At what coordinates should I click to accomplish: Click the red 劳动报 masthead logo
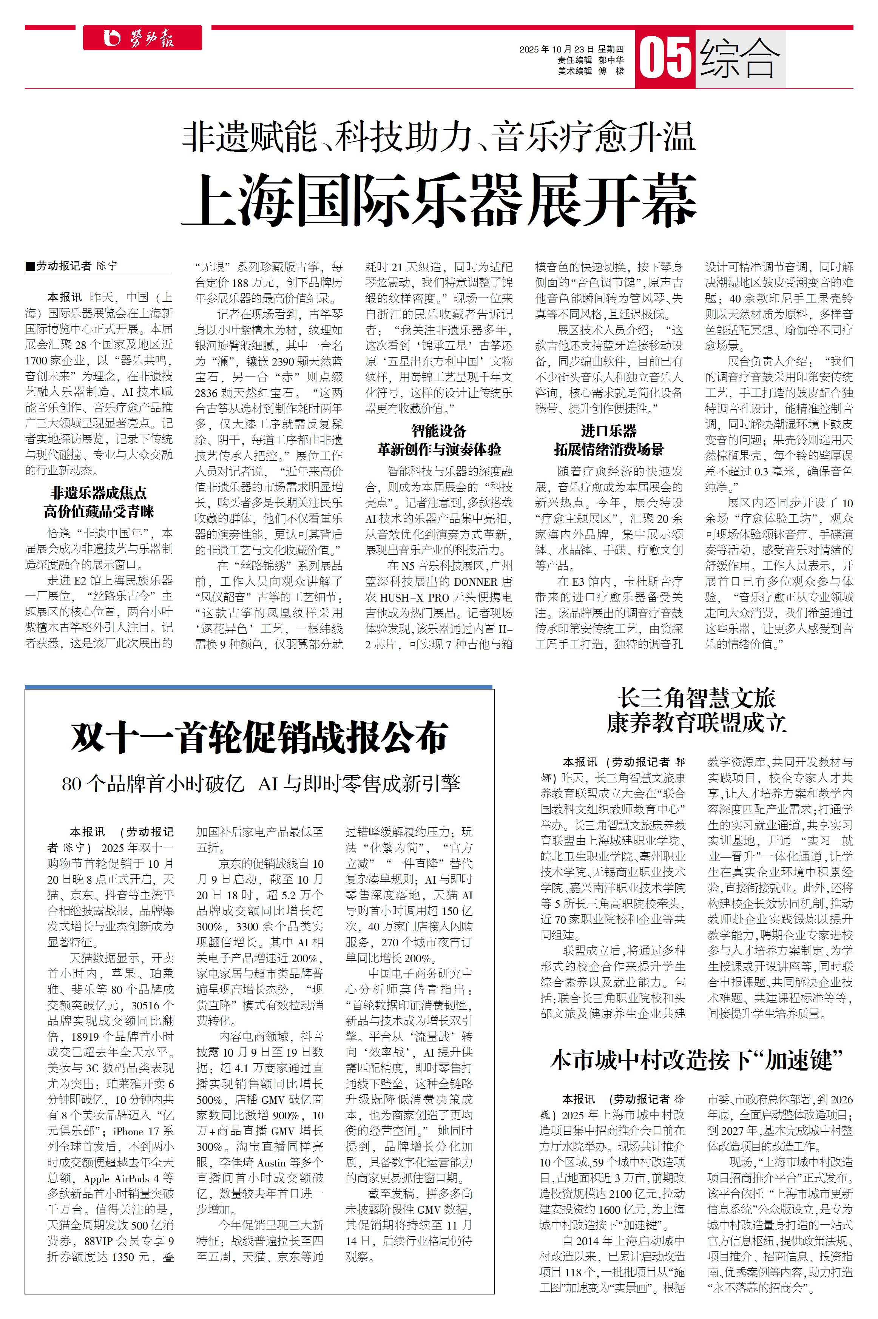[142, 38]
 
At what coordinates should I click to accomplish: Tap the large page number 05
[665, 58]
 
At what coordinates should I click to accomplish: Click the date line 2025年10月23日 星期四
[571, 49]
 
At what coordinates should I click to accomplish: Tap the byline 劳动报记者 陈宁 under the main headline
[72, 266]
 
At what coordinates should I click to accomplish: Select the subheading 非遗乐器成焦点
[99, 493]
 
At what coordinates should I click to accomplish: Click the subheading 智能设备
[439, 430]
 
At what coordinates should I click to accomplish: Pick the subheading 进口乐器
[609, 430]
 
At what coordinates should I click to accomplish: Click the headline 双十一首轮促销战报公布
[259, 737]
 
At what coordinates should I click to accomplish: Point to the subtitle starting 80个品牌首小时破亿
[261, 783]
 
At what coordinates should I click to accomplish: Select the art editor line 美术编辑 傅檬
[590, 71]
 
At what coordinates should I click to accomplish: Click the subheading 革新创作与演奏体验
[439, 449]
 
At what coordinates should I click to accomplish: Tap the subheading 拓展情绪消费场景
[609, 449]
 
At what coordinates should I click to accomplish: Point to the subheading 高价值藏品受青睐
[99, 511]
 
